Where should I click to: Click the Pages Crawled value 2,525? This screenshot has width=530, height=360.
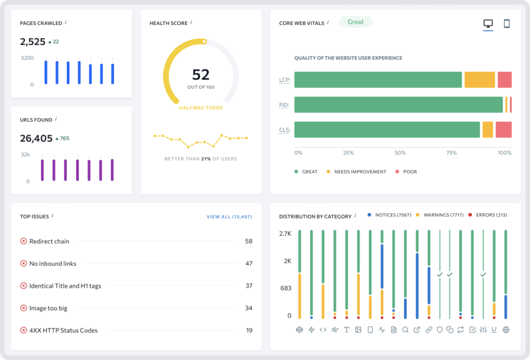click(x=33, y=42)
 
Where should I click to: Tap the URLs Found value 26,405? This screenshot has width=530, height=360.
click(x=36, y=138)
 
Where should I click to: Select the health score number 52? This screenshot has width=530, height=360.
click(x=201, y=75)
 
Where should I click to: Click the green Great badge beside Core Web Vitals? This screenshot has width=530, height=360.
click(x=356, y=22)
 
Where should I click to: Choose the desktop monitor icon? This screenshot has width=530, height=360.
click(x=488, y=24)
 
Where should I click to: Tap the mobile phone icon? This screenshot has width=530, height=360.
click(x=507, y=24)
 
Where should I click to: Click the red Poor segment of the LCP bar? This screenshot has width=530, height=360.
click(x=505, y=80)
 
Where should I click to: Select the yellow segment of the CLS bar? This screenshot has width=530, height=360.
click(x=488, y=129)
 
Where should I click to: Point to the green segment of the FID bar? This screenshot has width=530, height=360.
click(x=399, y=105)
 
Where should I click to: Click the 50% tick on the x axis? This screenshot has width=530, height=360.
click(x=400, y=153)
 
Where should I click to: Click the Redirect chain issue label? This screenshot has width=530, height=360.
click(x=49, y=241)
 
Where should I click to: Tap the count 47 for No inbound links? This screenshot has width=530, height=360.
click(x=249, y=264)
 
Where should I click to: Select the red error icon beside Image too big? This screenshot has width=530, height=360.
click(x=23, y=308)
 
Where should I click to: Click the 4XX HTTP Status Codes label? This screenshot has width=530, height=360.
click(x=63, y=330)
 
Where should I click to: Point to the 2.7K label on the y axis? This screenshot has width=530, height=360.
click(x=285, y=234)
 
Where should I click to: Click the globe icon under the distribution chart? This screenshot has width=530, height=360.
click(x=506, y=329)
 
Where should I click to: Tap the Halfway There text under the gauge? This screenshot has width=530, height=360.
click(x=201, y=108)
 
